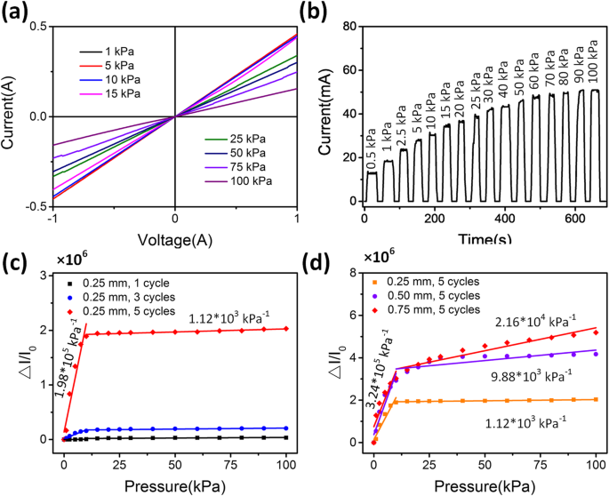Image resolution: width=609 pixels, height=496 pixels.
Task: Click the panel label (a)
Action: click(20, 12)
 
